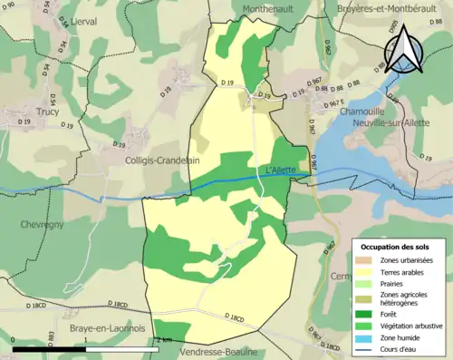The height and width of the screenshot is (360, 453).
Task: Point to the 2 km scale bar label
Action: [164, 339]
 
